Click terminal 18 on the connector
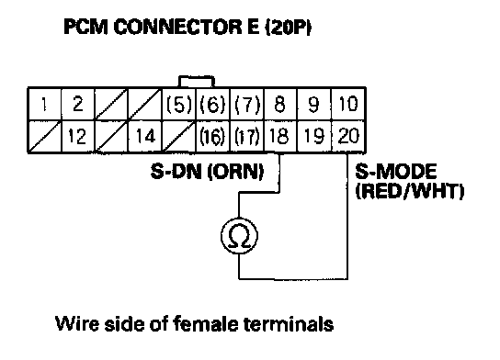pyautogui.click(x=280, y=136)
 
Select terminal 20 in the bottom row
pyautogui.click(x=348, y=136)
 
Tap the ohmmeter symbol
pyautogui.click(x=239, y=236)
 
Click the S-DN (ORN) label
pyautogui.click(x=208, y=172)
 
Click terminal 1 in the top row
pyautogui.click(x=44, y=104)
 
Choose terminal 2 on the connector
pyautogui.click(x=77, y=104)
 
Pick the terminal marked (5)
pyautogui.click(x=179, y=104)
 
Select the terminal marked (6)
pyautogui.click(x=212, y=104)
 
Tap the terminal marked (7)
pyautogui.click(x=246, y=104)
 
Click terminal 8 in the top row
pyautogui.click(x=280, y=104)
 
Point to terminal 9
pyautogui.click(x=314, y=104)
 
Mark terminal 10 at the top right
pyautogui.click(x=348, y=104)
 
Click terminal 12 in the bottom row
pyautogui.click(x=77, y=136)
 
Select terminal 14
pyautogui.click(x=145, y=136)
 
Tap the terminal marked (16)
pyautogui.click(x=212, y=136)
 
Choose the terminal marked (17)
pyautogui.click(x=246, y=136)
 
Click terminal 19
pyautogui.click(x=314, y=136)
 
